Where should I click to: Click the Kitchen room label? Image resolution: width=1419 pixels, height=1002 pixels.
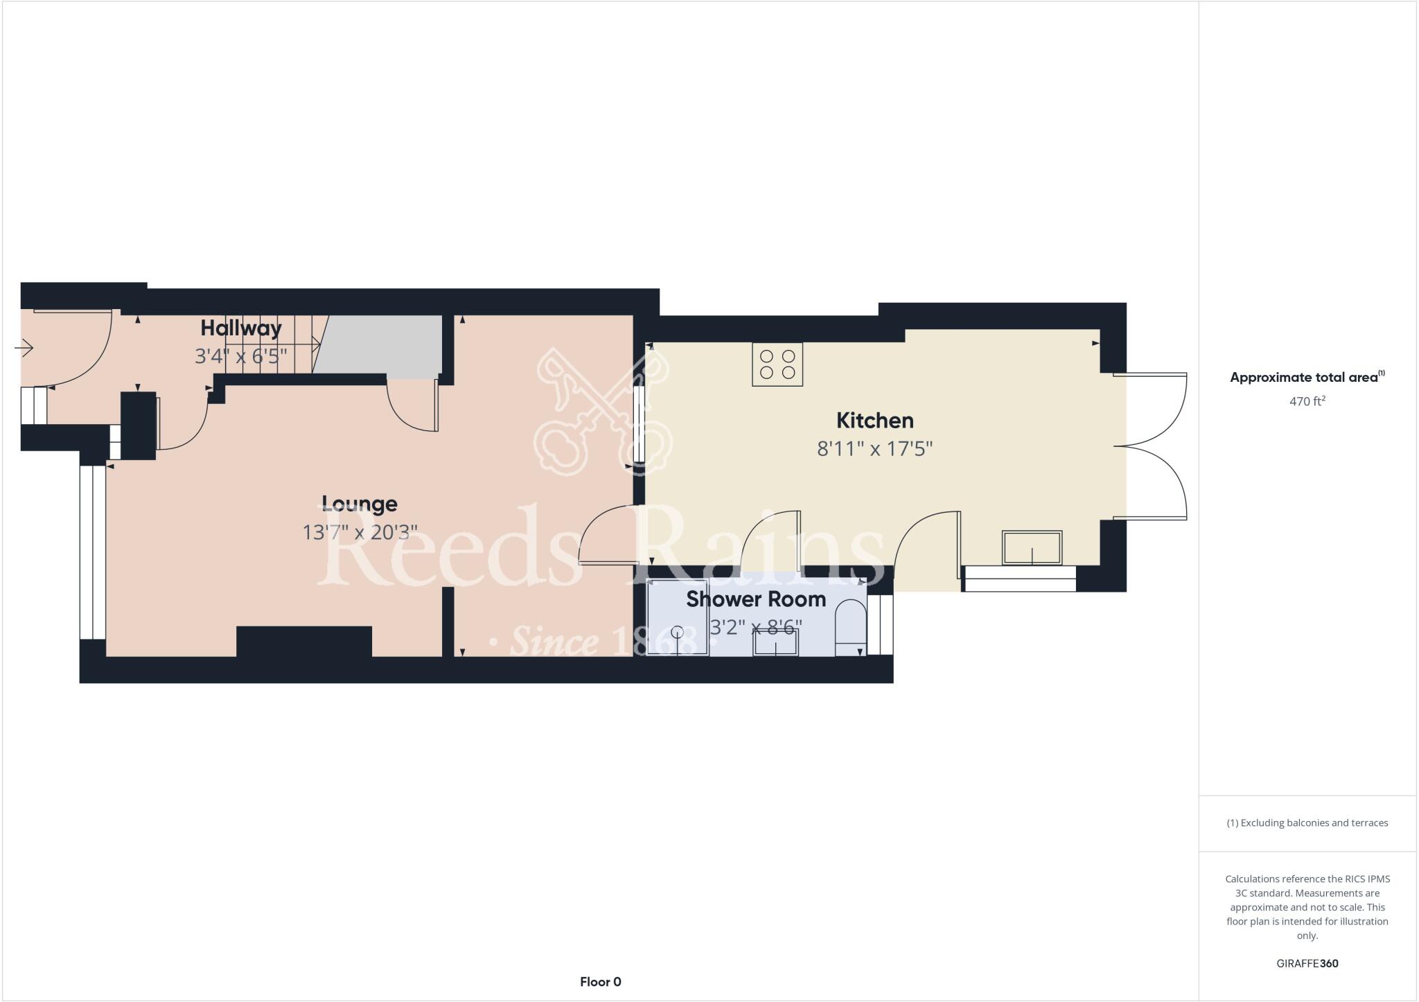[874, 421]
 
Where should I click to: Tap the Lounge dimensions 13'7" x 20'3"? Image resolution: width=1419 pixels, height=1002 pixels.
[360, 532]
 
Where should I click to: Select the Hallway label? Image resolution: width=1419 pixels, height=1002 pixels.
[241, 328]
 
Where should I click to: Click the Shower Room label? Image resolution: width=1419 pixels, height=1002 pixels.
[756, 599]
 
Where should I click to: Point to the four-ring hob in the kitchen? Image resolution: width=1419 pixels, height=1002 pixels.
[777, 364]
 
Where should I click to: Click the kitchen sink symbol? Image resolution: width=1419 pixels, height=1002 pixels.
[1032, 548]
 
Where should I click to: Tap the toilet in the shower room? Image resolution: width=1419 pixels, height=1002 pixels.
[850, 627]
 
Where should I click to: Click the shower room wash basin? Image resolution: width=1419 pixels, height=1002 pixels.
[775, 642]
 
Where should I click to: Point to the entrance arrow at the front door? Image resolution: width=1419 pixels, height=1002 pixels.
[24, 347]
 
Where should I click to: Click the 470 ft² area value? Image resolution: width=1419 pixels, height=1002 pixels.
[1307, 401]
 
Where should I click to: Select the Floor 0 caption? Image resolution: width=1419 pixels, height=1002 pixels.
[600, 981]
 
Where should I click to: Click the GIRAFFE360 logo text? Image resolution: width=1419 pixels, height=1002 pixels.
[1307, 963]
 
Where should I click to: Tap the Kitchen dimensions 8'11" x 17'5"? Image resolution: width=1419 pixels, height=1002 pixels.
[874, 449]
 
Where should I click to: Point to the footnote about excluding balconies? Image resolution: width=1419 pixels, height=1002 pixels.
[1307, 823]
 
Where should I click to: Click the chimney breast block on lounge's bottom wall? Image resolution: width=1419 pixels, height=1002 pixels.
[304, 641]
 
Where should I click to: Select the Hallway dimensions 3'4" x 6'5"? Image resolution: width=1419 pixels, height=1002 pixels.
[241, 356]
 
